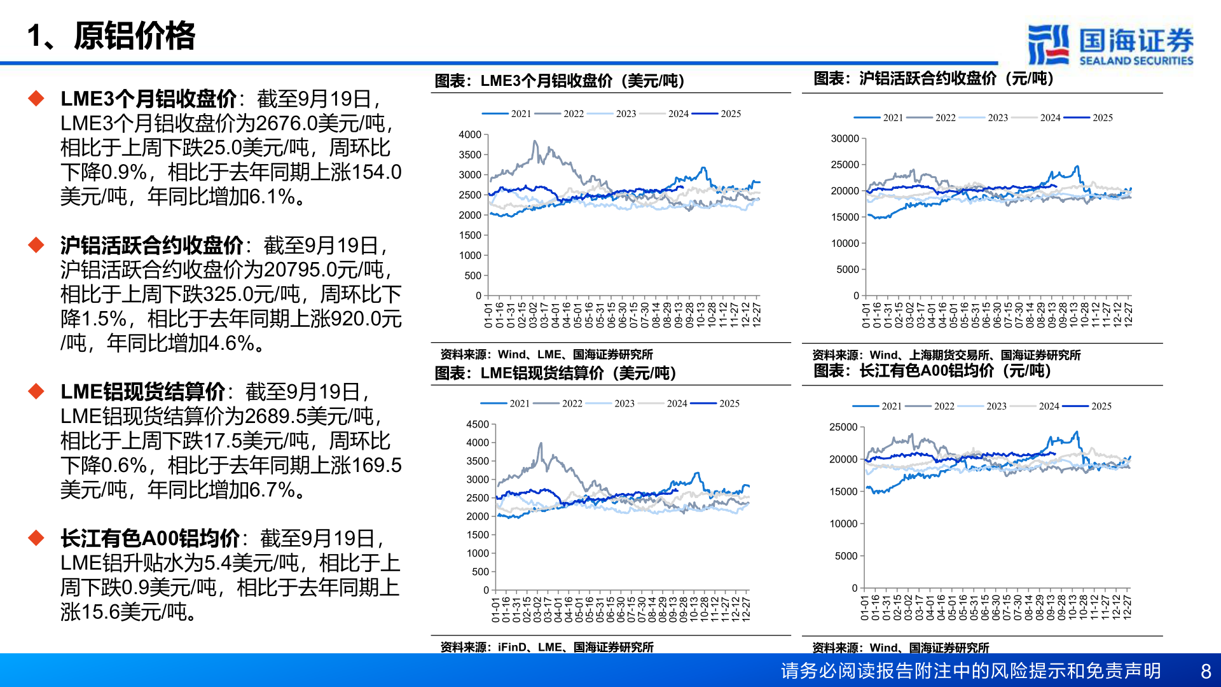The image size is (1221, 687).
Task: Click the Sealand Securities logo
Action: tap(1110, 45)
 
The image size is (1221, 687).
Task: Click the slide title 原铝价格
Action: tap(134, 36)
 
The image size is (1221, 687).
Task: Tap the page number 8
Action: tap(1206, 671)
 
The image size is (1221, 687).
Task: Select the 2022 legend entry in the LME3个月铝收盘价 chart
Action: tap(573, 114)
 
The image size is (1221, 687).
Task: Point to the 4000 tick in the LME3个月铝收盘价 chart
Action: tap(470, 135)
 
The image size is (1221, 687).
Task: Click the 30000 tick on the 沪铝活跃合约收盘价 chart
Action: tap(845, 139)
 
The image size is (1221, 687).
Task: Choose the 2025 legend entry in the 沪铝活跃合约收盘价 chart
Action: tap(1102, 118)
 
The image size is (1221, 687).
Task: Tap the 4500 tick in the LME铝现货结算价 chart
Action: tap(477, 424)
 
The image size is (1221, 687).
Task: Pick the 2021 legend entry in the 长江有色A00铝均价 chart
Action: tap(891, 406)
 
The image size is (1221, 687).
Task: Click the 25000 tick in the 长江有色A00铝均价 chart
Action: tap(843, 427)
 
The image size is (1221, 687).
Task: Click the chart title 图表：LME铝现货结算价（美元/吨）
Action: tap(555, 373)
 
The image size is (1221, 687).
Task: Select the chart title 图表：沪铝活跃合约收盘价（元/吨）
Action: tap(934, 79)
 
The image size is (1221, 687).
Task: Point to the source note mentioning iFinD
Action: tap(547, 647)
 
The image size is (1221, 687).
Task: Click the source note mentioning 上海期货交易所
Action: tap(946, 355)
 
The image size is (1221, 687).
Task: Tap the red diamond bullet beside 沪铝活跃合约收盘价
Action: tap(36, 245)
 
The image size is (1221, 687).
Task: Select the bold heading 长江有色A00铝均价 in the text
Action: tap(150, 539)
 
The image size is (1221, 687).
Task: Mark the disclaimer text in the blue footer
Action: tap(970, 671)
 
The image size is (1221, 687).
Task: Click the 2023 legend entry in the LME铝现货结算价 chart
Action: tap(624, 404)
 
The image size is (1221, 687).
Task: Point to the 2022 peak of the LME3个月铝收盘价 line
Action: tap(535, 141)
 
